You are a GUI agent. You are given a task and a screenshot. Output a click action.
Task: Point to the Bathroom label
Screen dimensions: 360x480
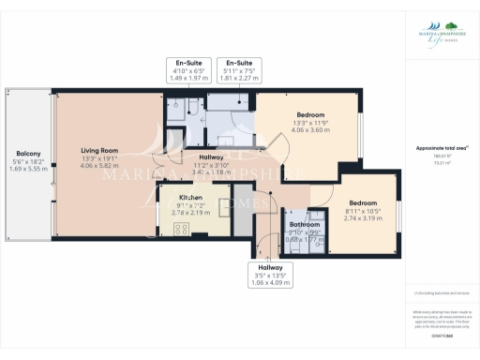304,225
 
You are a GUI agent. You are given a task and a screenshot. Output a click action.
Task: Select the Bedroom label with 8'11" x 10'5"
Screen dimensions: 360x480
362,202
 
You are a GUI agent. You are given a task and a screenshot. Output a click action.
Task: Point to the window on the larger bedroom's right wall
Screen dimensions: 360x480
360,130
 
